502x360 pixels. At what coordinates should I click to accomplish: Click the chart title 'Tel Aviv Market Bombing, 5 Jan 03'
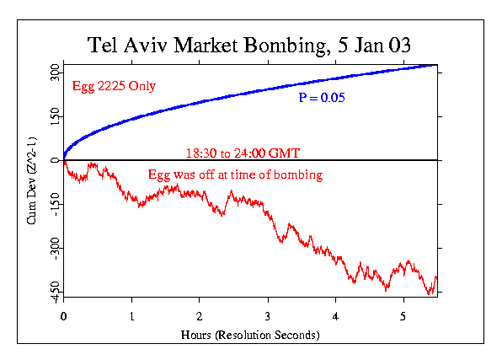click(250, 46)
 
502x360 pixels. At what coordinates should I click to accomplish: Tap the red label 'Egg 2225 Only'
click(108, 86)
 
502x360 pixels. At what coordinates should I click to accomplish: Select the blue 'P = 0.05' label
click(323, 99)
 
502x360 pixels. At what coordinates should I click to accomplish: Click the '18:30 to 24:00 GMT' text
click(243, 153)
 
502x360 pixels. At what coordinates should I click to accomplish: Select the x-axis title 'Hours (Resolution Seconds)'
click(250, 335)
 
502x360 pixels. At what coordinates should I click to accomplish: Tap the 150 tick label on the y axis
click(53, 115)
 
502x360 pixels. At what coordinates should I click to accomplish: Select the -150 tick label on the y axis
click(53, 204)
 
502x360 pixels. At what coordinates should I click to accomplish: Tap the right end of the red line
click(436, 278)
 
